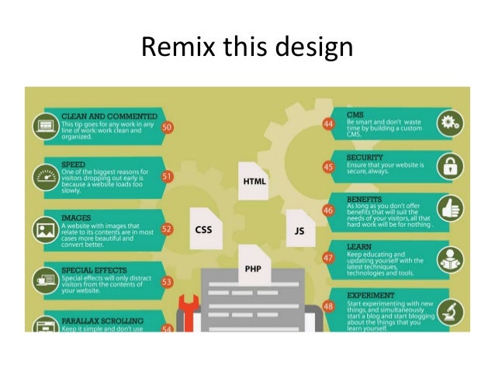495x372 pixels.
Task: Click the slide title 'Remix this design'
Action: point(247,47)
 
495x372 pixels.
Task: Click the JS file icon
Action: point(299,231)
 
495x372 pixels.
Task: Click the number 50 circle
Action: point(168,127)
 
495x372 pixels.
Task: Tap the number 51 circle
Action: point(168,177)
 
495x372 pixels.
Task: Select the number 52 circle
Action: point(168,230)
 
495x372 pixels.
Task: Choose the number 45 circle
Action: point(328,167)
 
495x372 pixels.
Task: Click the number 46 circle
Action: point(328,210)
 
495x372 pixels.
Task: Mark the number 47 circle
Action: point(328,258)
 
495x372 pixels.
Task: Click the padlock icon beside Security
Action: point(450,165)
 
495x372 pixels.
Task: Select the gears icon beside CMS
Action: point(450,122)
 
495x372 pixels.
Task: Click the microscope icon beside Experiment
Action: point(450,310)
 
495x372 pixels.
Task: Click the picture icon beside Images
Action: point(43,230)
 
